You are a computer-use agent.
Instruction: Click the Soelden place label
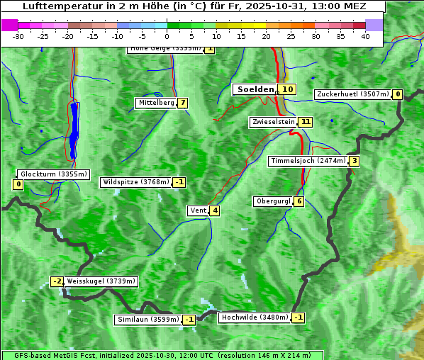tap(255, 89)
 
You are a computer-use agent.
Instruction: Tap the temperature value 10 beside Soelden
tap(286, 89)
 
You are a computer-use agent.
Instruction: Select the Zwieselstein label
tap(273, 122)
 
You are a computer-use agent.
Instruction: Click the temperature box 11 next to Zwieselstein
tap(305, 122)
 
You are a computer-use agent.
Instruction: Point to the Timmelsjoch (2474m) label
tap(308, 161)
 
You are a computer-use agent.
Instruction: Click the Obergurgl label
tap(273, 201)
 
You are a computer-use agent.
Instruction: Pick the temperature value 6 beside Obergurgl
tap(299, 201)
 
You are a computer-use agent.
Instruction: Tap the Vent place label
tap(197, 210)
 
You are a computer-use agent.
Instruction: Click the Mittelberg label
tap(155, 103)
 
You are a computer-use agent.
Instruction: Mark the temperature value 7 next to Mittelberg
tap(182, 103)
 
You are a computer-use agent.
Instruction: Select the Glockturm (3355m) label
tap(53, 174)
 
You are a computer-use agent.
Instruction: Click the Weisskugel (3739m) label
tap(101, 281)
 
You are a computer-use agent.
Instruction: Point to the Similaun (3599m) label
tap(148, 320)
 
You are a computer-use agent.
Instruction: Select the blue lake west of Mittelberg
tap(74, 130)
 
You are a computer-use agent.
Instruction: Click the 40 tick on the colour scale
tap(365, 36)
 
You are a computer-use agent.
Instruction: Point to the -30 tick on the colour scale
tap(18, 36)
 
